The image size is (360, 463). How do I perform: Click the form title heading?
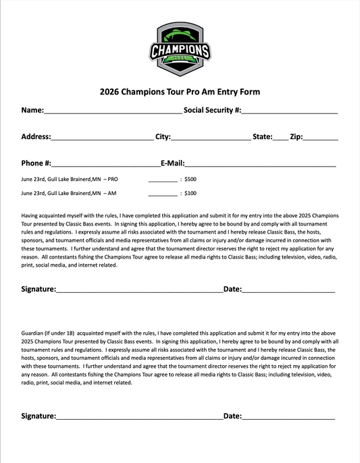click(x=180, y=92)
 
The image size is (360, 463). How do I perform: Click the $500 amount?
click(x=190, y=180)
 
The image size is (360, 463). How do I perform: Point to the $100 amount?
click(x=190, y=193)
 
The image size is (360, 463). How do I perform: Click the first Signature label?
click(x=38, y=289)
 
